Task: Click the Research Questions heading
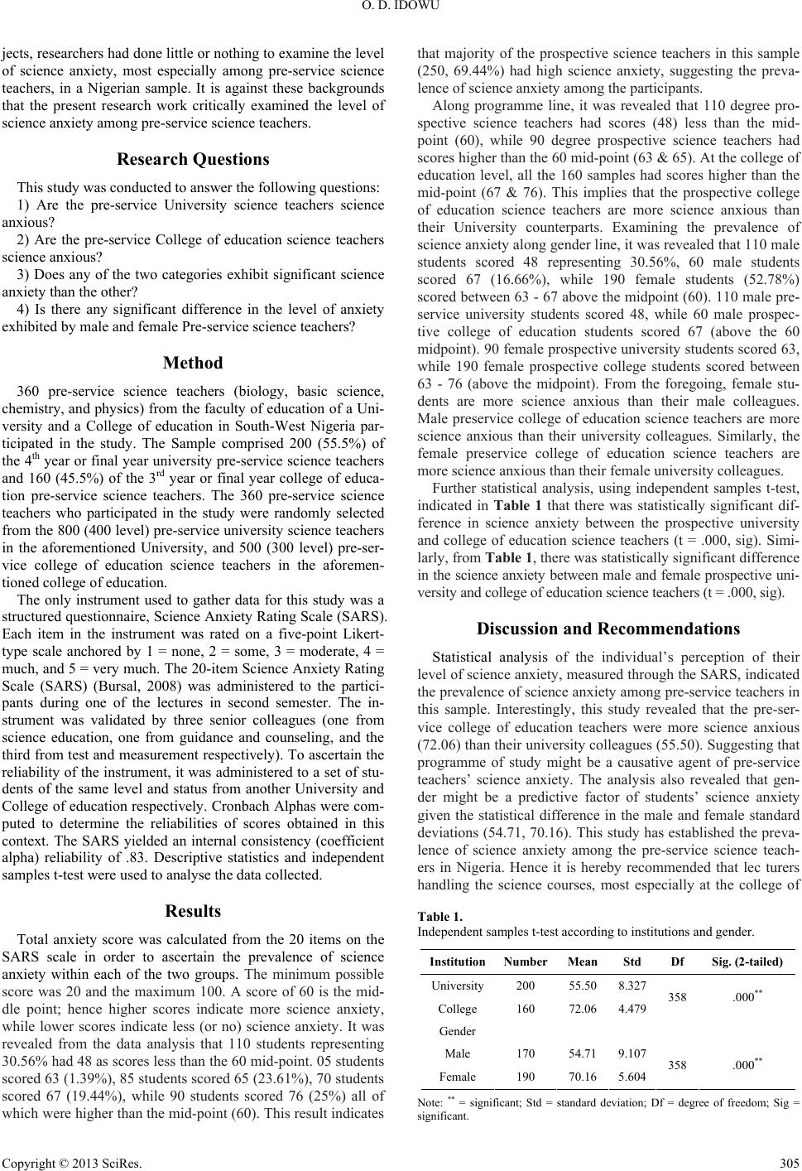[x=193, y=158]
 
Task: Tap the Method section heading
[x=193, y=362]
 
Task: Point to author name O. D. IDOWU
[x=401, y=8]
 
